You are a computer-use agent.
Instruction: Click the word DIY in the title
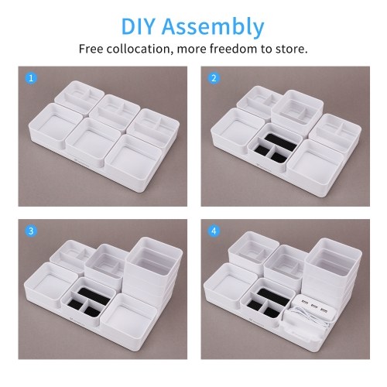(138, 26)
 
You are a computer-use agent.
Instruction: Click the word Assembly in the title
(213, 28)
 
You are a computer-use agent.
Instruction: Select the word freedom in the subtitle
(233, 49)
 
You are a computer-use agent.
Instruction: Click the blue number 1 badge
(31, 78)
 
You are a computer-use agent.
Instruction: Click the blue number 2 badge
(214, 78)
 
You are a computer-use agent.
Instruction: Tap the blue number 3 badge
(31, 231)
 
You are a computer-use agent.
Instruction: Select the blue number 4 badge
(214, 231)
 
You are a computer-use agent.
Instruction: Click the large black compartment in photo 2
(281, 142)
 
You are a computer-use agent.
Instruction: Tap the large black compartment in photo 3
(94, 296)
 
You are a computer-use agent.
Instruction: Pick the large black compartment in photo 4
(273, 296)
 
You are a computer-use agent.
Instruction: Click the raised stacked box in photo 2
(297, 110)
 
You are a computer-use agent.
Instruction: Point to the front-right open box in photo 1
(133, 157)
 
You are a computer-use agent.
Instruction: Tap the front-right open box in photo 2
(315, 162)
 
